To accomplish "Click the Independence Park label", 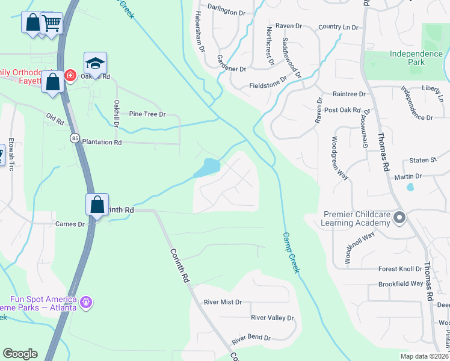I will pos(416,58).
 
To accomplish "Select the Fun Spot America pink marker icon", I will pos(86,301).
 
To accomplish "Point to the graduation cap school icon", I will pos(95,62).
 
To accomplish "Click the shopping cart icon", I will pos(52,23).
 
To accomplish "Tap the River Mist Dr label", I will pos(223,302).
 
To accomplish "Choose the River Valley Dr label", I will pos(272,318).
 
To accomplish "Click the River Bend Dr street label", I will pos(251,338).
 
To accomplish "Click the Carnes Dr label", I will pos(70,224).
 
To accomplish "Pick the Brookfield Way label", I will pos(401,283).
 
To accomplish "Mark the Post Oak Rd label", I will pos(342,110).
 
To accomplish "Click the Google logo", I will pos(20,354).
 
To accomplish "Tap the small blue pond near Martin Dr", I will pos(410,187).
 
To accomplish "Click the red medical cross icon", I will pos(70,75).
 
